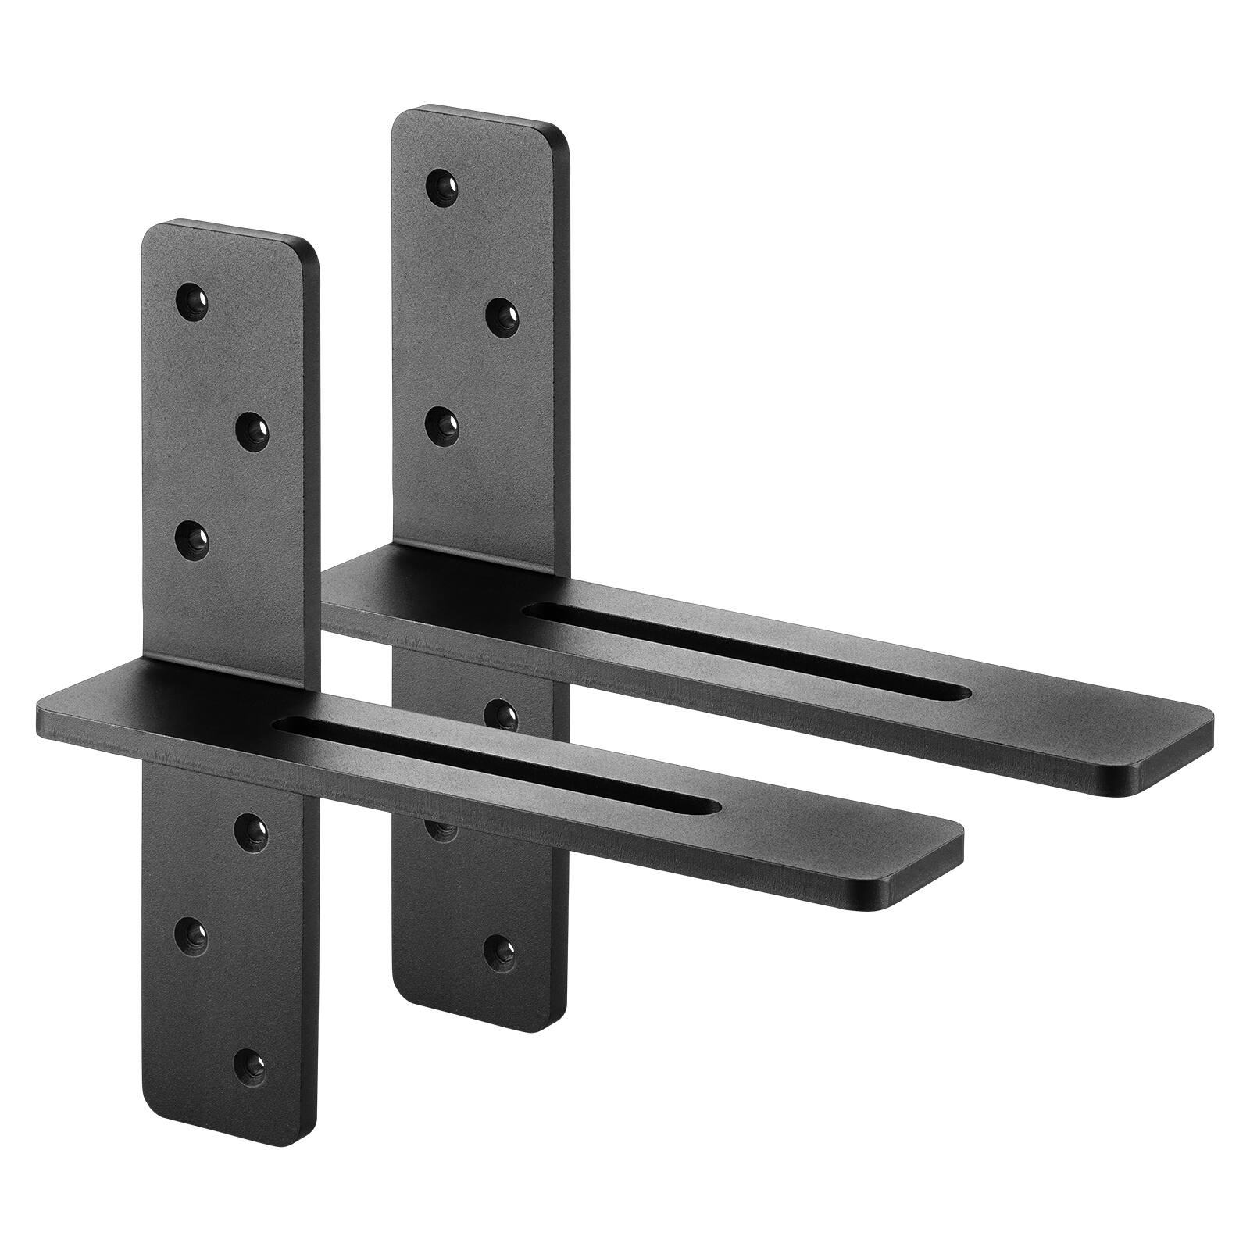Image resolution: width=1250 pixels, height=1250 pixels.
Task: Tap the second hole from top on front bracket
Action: [x=252, y=429]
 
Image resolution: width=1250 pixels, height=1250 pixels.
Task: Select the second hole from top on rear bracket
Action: [x=502, y=315]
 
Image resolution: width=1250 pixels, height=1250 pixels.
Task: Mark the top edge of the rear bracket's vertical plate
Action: [x=478, y=113]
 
